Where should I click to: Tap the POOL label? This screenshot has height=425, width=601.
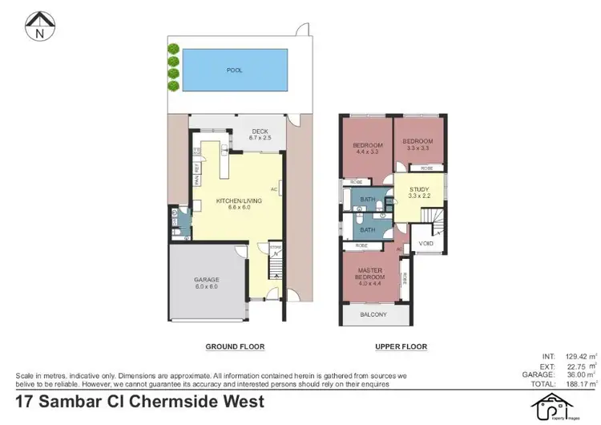tap(234, 71)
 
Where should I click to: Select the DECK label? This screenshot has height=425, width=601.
tap(259, 132)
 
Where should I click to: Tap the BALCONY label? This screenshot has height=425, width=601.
tap(375, 315)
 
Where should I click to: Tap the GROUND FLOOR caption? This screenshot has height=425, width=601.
tap(235, 346)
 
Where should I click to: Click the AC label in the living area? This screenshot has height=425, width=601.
tap(274, 190)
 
